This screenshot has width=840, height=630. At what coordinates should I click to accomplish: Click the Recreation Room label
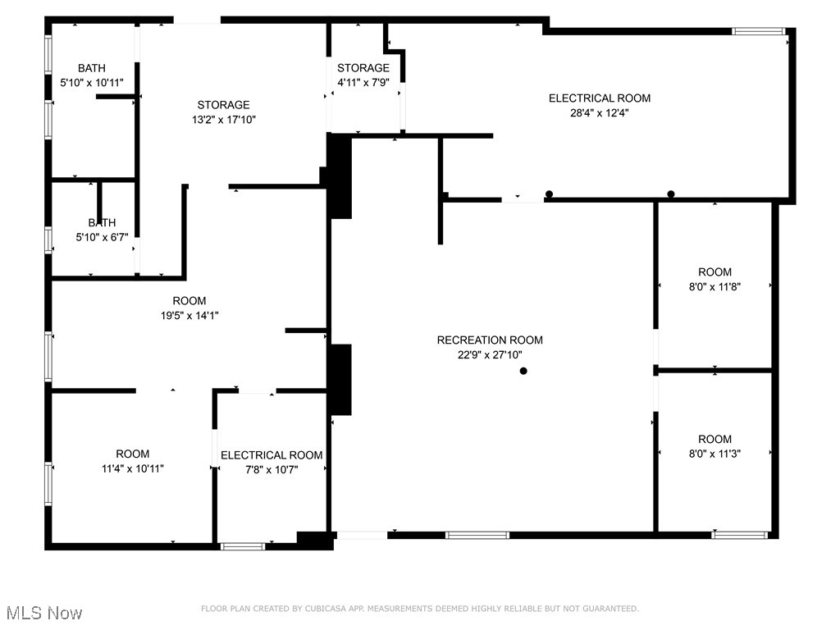(490, 340)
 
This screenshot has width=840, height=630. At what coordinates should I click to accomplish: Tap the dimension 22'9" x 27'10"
(490, 355)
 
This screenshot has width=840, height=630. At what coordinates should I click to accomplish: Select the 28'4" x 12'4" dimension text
(600, 113)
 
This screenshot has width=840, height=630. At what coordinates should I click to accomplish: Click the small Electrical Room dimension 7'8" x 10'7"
(272, 470)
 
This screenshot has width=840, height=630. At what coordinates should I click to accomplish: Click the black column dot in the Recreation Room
(523, 371)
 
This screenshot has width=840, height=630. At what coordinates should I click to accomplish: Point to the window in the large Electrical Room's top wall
(758, 31)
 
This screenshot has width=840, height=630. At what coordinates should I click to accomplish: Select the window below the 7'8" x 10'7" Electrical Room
(244, 546)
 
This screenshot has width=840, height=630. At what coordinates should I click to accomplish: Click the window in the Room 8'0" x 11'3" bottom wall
(740, 535)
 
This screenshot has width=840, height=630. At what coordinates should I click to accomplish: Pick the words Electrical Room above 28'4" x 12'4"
(600, 98)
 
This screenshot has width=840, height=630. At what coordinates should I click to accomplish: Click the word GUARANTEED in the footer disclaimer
(608, 609)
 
